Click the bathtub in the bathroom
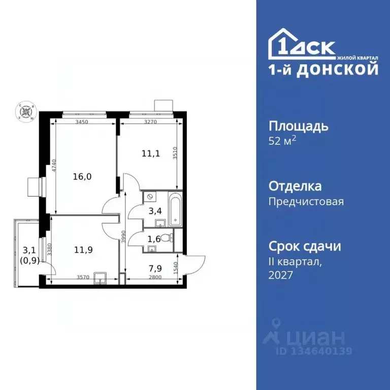tap(175, 209)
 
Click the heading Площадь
tap(298, 126)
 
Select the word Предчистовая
tap(306, 202)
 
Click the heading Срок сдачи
tap(304, 246)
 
